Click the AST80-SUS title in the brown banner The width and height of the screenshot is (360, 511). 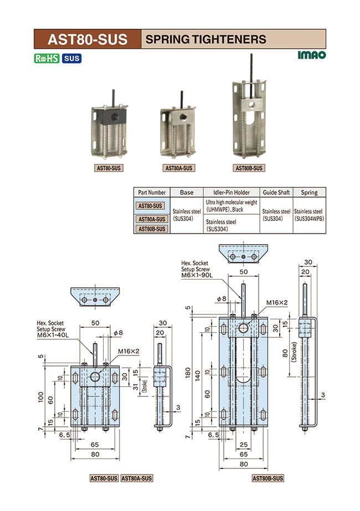[87, 39]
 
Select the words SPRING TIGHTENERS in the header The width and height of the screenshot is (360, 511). [205, 39]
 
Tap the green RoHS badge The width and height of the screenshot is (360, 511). [47, 58]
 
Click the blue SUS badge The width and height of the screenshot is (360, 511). [71, 58]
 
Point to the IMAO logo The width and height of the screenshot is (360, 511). [311, 55]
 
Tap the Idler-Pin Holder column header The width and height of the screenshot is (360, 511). [231, 192]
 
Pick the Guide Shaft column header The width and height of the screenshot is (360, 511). [276, 192]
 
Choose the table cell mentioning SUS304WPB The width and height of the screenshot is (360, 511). [309, 215]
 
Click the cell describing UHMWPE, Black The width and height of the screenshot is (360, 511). [231, 207]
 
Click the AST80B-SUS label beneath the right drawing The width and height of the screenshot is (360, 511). [268, 478]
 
